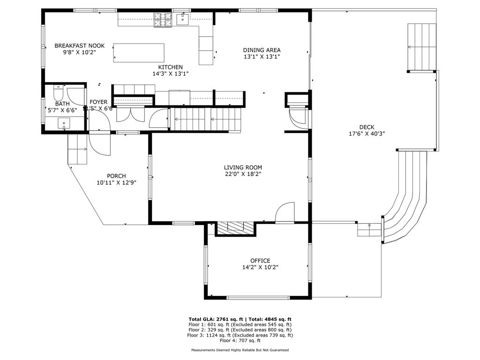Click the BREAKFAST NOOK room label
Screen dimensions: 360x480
tap(79, 46)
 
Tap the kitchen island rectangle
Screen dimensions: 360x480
tap(139, 52)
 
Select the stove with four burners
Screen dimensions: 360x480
tap(163, 20)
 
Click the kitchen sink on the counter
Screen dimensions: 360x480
tap(183, 19)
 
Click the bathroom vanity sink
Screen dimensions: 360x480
tap(63, 124)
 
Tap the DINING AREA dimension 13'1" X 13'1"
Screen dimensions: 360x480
tap(262, 57)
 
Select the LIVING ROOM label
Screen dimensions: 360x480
tap(242, 167)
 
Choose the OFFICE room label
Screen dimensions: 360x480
tap(260, 261)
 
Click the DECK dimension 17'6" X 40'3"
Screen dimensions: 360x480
tap(367, 134)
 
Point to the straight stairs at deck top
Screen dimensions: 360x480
tap(422, 47)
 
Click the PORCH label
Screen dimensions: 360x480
tap(116, 176)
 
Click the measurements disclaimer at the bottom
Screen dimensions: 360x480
tap(240, 350)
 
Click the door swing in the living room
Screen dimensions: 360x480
tap(285, 212)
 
